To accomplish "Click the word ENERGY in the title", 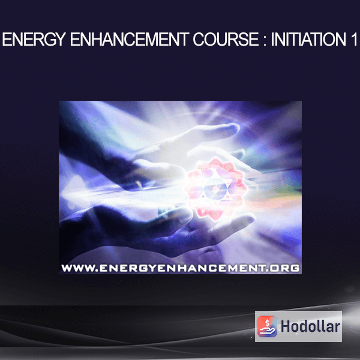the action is pyautogui.click(x=34, y=39).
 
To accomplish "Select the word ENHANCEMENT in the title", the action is pyautogui.click(x=130, y=39).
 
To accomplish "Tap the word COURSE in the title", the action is pyautogui.click(x=226, y=39).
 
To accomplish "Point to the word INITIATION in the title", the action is pyautogui.click(x=308, y=39).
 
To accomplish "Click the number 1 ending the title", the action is pyautogui.click(x=353, y=39).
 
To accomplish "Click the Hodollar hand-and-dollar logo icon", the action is pyautogui.click(x=267, y=326).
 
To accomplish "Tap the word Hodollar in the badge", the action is pyautogui.click(x=310, y=326).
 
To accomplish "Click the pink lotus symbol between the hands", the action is pyautogui.click(x=216, y=189).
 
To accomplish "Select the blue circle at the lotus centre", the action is pyautogui.click(x=215, y=189).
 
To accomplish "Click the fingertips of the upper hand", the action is pyautogui.click(x=231, y=128).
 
